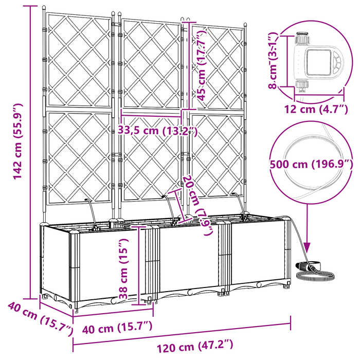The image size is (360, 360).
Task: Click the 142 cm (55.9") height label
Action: pos(17,141)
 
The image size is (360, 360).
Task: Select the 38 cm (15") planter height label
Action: pos(123,268)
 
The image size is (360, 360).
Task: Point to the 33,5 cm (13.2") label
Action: pos(157,131)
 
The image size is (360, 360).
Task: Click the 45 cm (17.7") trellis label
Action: pos(202,66)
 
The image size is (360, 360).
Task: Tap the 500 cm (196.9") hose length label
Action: pos(311,165)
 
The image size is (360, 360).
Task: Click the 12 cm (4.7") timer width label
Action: pos(316,109)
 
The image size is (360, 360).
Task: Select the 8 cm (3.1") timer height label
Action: pos(274,60)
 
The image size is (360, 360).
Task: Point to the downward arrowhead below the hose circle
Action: pos(308,247)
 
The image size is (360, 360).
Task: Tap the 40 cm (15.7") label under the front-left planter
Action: pos(117,328)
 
